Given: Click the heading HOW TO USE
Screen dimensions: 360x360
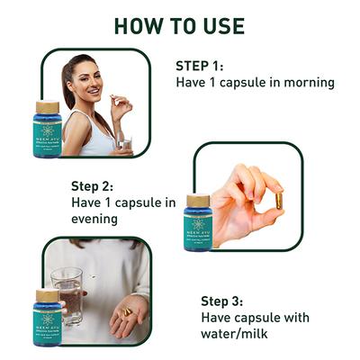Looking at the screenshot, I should coord(180,25).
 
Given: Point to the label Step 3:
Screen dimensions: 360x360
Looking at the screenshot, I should coord(228,301).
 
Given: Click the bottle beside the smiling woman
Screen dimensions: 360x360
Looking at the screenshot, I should coord(48,130).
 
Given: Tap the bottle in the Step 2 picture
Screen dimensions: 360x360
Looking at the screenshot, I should coord(197,225).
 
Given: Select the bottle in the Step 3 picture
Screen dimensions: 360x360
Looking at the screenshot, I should coord(48,319).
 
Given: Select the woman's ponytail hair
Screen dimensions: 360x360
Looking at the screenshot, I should coord(68,85).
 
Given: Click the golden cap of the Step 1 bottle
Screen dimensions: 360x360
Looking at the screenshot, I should coord(48,107).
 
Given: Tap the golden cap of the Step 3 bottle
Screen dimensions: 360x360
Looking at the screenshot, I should coord(48,295).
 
